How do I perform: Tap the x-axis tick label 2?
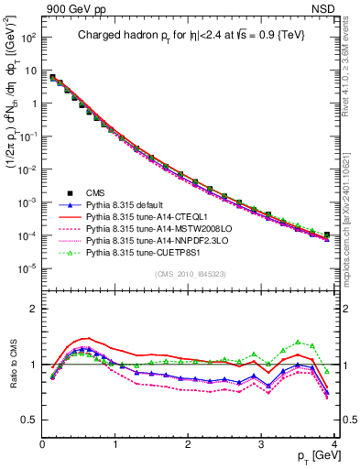189,445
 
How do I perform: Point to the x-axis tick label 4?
333,445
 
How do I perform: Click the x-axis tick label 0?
42,445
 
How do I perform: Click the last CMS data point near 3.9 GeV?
327,235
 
